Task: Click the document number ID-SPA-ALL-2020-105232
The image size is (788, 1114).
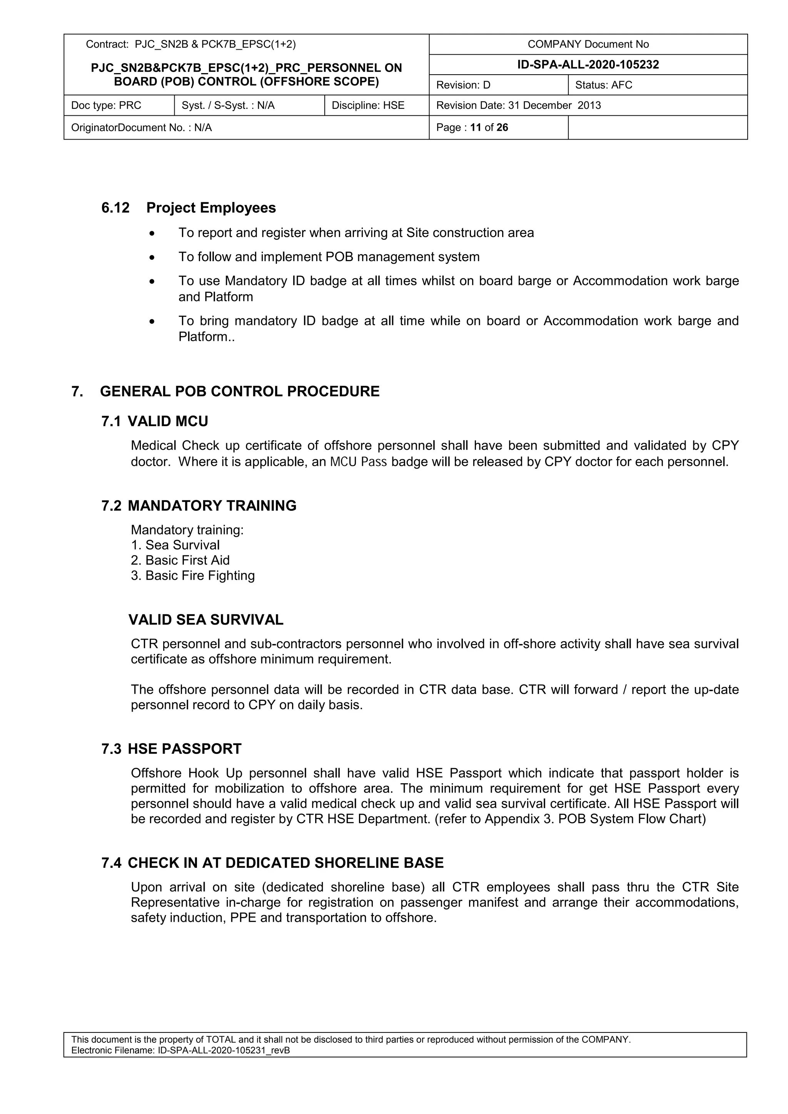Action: point(588,65)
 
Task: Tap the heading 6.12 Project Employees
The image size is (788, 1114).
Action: point(188,208)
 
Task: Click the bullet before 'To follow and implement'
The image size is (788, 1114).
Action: point(152,257)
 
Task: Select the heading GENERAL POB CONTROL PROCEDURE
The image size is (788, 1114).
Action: point(240,392)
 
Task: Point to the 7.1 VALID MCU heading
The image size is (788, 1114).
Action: point(155,421)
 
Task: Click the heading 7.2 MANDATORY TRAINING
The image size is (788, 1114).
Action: point(199,505)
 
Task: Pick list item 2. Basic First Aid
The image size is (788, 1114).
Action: point(180,560)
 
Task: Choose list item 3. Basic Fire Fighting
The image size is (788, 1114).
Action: point(193,575)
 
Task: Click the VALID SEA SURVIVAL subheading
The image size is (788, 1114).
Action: point(206,620)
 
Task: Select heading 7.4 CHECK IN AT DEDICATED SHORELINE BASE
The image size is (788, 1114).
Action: point(272,863)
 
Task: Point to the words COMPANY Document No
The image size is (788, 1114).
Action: point(588,44)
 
